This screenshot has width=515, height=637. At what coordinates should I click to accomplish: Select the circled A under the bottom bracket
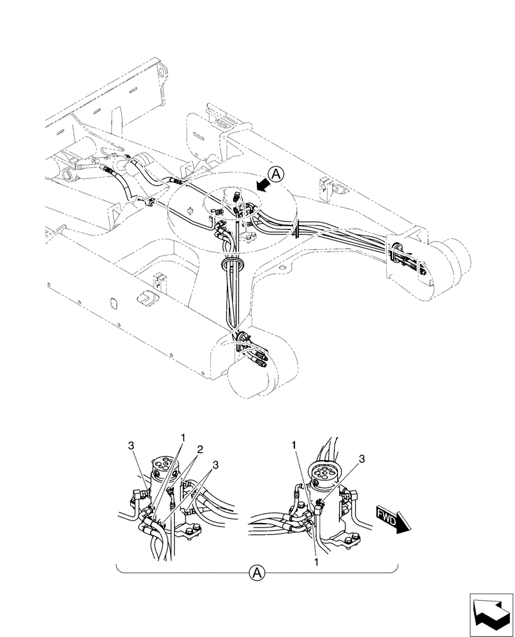(257, 573)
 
